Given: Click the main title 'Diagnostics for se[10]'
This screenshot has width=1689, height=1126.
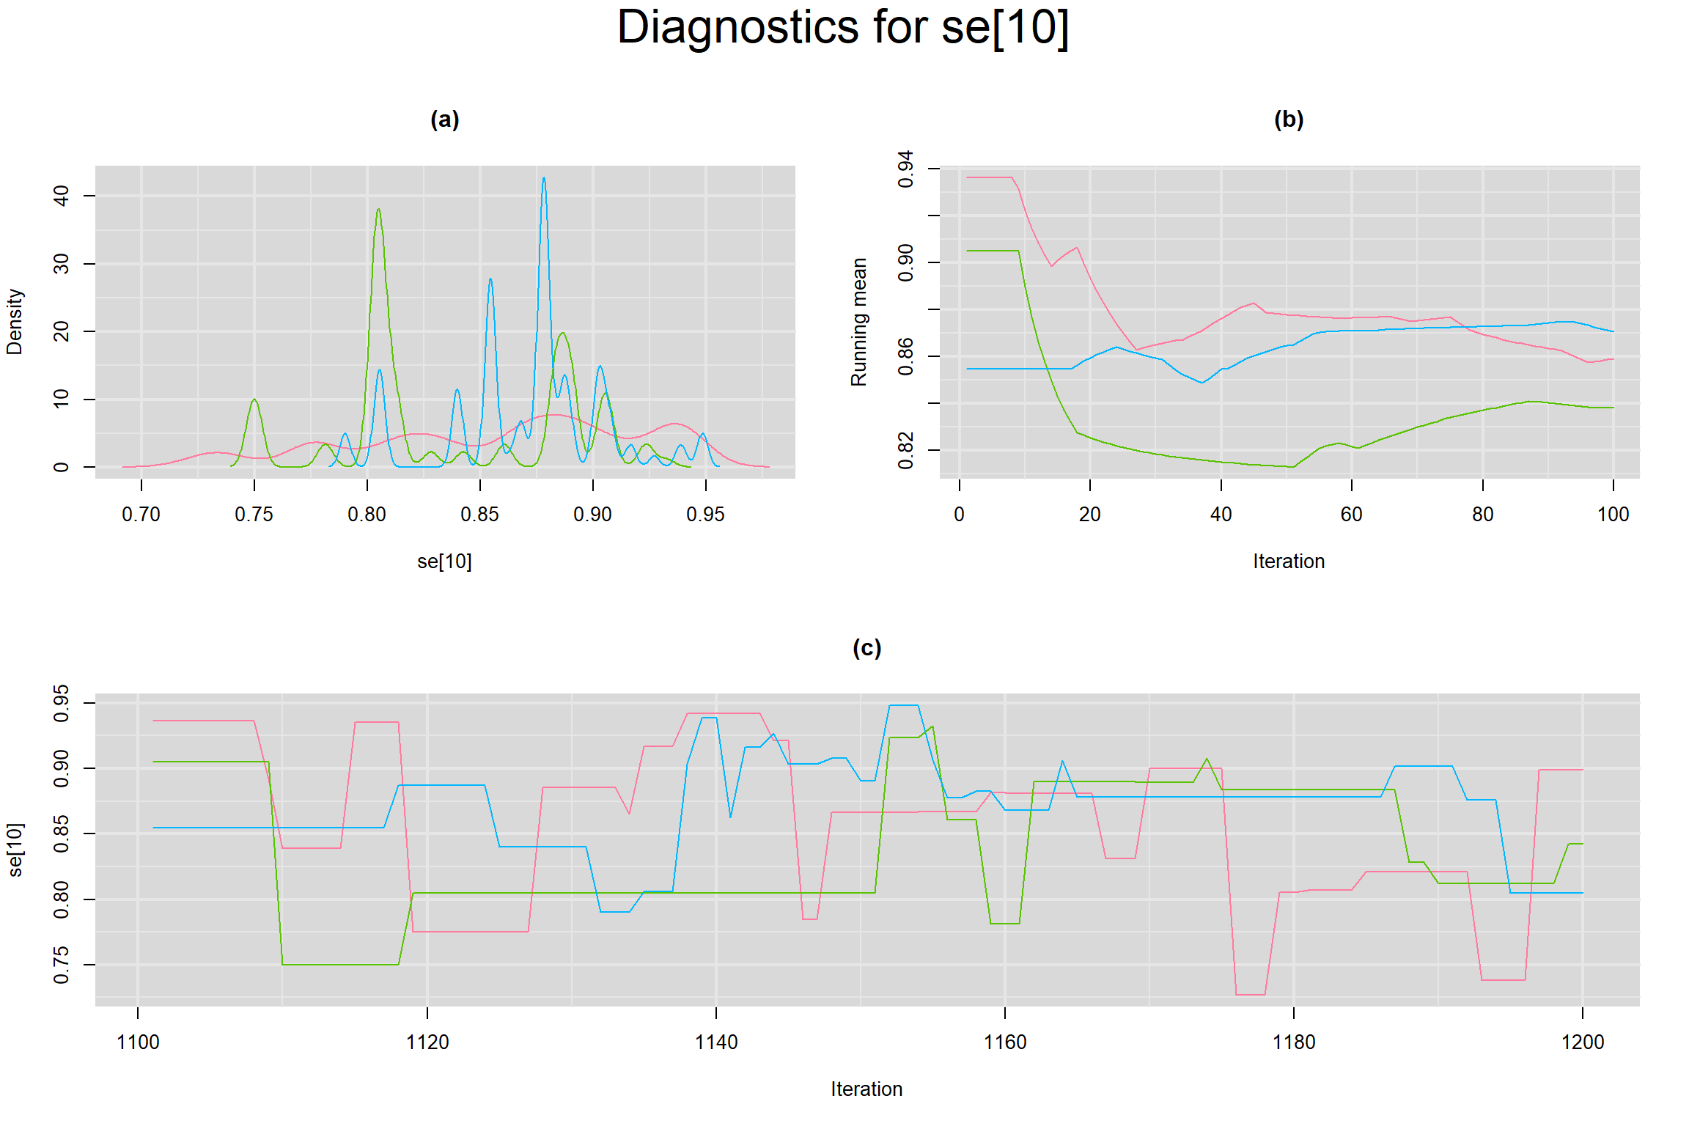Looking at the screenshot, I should tap(843, 28).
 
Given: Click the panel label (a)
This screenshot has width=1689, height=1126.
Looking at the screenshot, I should tap(444, 119).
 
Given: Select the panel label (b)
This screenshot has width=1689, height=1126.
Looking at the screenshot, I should tap(1288, 119).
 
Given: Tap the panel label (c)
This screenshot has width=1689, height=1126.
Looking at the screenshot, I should tap(866, 648).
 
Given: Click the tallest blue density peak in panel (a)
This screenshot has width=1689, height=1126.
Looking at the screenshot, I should tap(543, 179).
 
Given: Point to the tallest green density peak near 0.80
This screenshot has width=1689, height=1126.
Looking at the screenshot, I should tap(378, 210).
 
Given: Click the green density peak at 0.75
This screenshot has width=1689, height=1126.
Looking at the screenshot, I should tap(254, 400).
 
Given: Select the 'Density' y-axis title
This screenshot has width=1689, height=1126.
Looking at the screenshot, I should tap(15, 322).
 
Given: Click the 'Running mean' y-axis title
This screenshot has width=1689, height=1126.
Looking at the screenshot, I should tap(858, 322).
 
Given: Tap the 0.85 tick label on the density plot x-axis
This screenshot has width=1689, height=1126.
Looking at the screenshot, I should tap(479, 515).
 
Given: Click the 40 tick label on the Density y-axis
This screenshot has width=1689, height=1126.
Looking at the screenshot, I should tap(62, 196).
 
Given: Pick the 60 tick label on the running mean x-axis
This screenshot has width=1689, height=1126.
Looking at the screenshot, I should tap(1351, 515).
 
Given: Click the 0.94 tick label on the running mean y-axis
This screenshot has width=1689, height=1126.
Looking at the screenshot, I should tap(906, 169).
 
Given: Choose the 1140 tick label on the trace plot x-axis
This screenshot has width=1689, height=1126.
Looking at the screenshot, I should tap(715, 1042).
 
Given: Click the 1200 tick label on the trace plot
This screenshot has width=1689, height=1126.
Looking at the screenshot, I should tap(1583, 1042).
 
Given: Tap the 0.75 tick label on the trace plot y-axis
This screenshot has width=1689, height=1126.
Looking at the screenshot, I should tap(62, 965).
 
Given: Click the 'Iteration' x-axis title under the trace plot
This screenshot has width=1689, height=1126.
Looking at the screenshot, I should tap(866, 1089).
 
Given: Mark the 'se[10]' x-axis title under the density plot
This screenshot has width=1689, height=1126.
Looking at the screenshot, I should tap(444, 562).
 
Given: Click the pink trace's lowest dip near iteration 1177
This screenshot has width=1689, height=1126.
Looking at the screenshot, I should tap(1251, 995).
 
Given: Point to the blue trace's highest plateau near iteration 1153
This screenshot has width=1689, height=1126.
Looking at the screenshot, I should tap(903, 705).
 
